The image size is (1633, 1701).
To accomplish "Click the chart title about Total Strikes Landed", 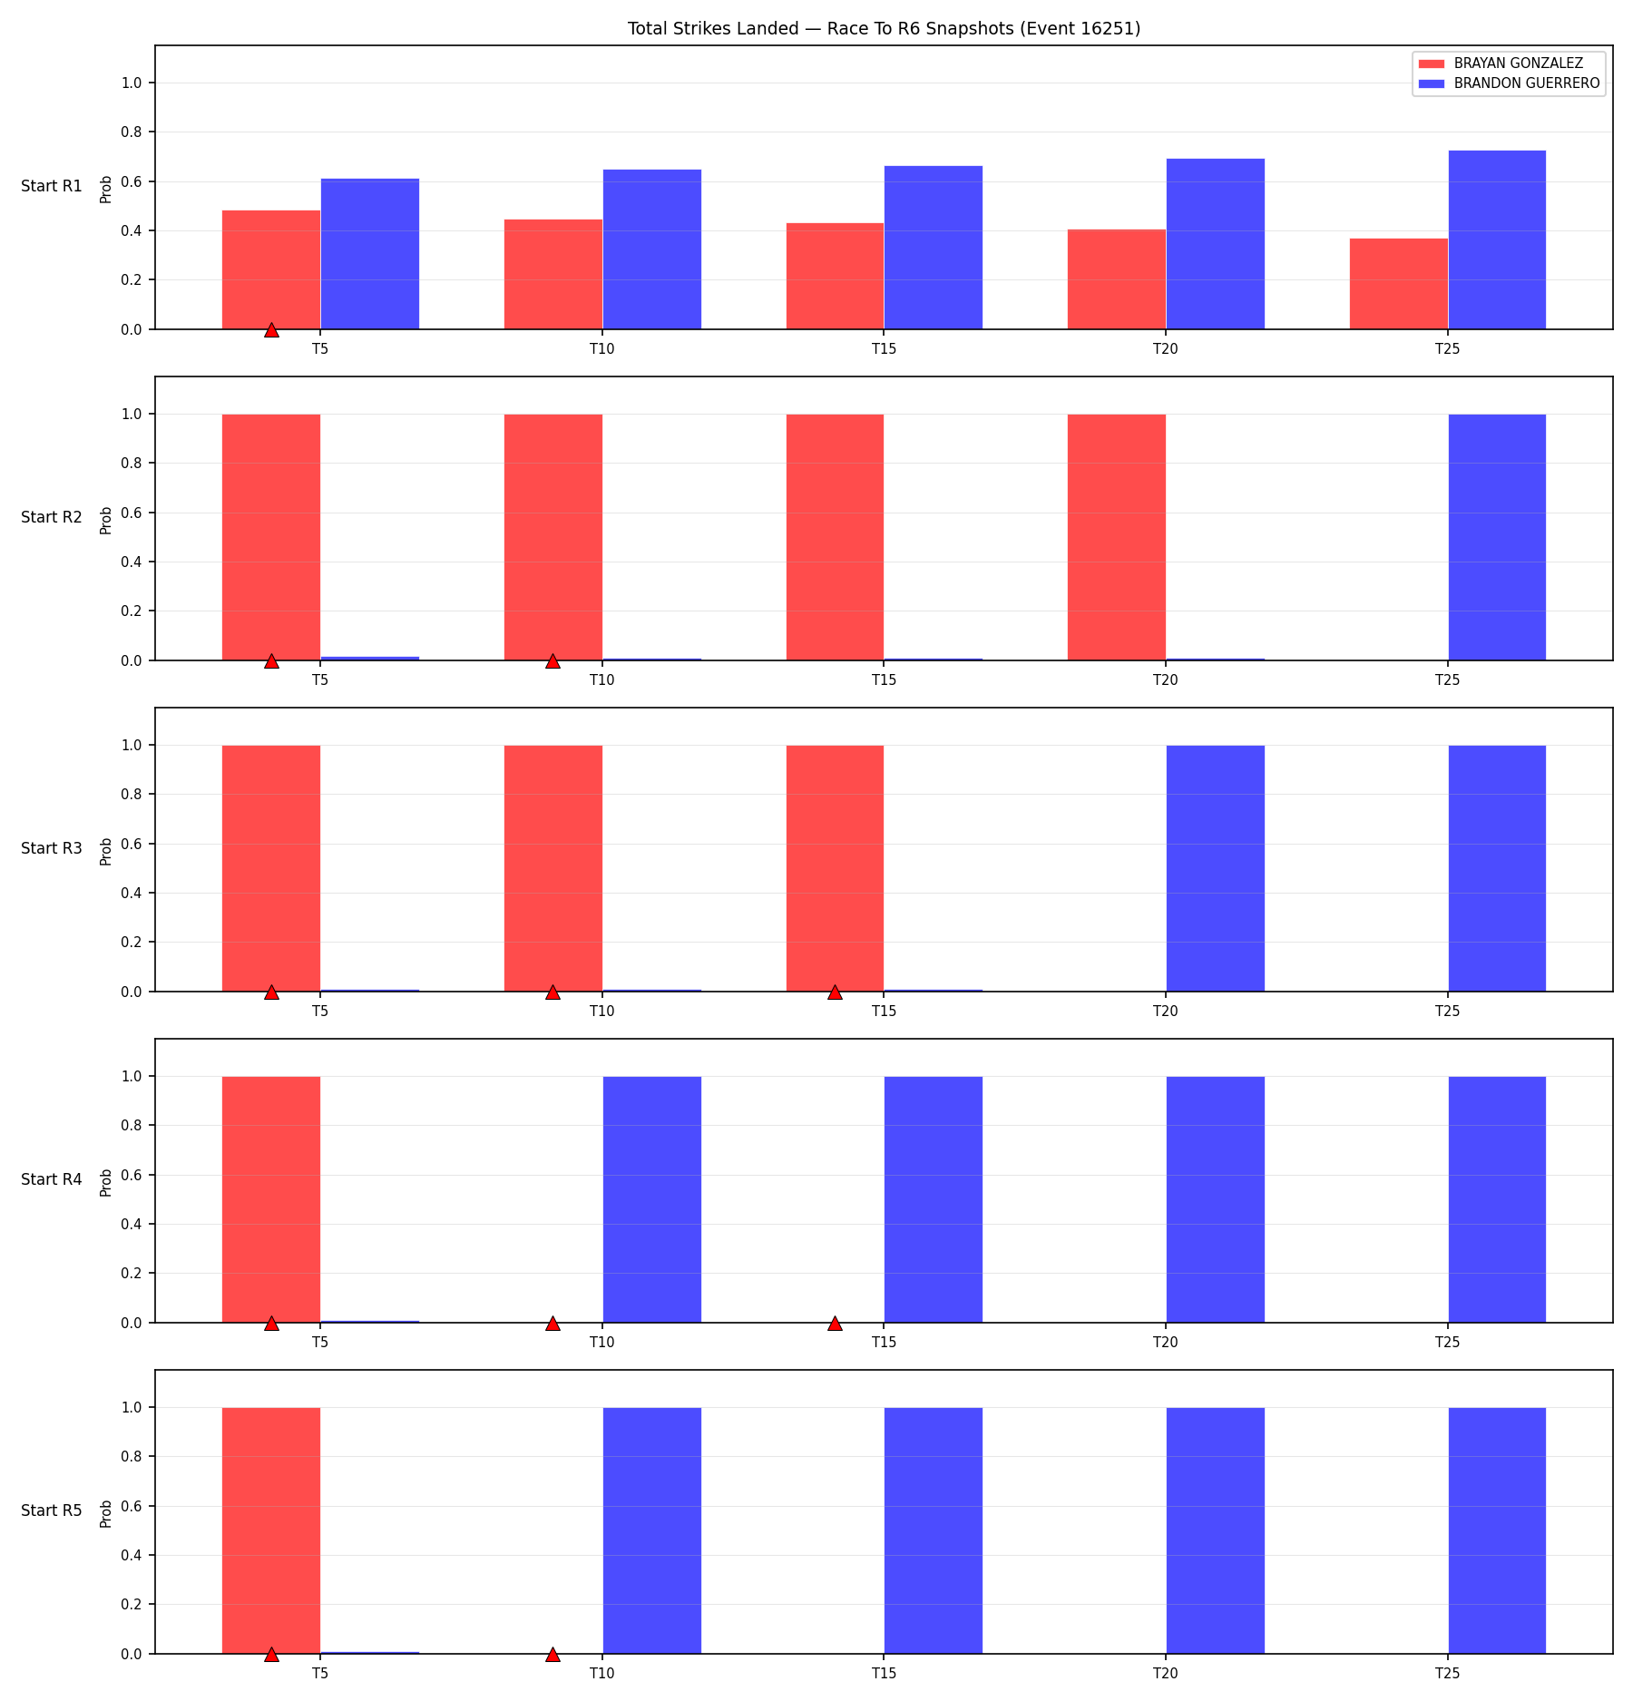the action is point(884,29).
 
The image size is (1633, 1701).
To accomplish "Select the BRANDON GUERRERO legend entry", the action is point(1509,83).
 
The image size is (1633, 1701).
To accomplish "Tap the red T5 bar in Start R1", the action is point(271,269).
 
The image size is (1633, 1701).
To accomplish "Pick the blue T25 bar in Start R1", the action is point(1497,240).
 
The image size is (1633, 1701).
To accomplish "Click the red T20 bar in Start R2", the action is point(1117,537).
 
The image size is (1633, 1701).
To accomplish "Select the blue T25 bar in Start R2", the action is point(1497,537).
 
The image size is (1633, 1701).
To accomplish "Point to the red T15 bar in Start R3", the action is point(835,868).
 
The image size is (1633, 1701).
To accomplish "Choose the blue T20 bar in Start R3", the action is point(1215,868).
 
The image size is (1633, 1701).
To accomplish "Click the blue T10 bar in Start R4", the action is point(652,1199).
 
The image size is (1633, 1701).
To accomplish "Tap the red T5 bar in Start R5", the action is point(271,1530).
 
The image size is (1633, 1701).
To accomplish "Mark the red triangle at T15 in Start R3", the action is point(835,992).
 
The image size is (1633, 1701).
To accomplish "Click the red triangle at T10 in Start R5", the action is point(552,1654).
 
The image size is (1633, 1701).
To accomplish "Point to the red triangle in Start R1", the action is point(271,329).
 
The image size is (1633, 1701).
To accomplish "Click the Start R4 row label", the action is point(52,1179).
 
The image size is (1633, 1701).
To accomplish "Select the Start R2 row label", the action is point(52,517).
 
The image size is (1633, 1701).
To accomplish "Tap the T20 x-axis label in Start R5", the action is point(1166,1673).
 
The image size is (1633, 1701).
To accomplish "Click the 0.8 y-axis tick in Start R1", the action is point(132,132).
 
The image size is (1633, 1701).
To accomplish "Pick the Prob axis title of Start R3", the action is point(106,851).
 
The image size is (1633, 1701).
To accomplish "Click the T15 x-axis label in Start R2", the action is point(884,679).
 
